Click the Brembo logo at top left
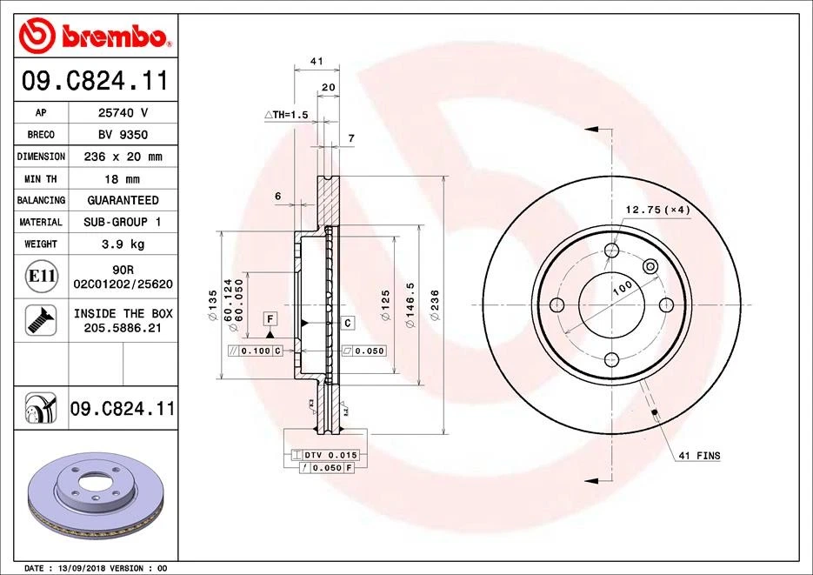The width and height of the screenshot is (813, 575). (x=93, y=36)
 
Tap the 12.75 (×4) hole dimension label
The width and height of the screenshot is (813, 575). (x=656, y=210)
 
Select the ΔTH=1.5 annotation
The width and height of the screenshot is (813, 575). (x=286, y=115)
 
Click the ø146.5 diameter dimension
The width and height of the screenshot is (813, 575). (x=410, y=309)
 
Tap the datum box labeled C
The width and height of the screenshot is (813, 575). (x=347, y=323)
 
